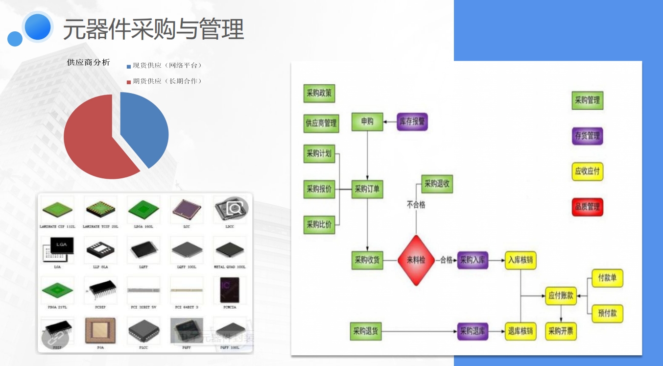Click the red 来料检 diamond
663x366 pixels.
pos(416,260)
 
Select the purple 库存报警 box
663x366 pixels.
pos(412,122)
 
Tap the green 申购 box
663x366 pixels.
pos(367,122)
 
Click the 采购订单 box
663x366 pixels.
pos(367,189)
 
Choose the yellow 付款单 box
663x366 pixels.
pos(607,278)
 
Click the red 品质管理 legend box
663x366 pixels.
pos(587,206)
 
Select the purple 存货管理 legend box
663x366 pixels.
pos(587,136)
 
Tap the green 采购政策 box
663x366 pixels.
pos(319,93)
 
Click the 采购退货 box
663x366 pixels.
pos(366,331)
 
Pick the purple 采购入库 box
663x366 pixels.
pos(473,260)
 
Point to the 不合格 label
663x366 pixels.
pos(416,205)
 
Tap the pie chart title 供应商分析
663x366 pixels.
pos(89,62)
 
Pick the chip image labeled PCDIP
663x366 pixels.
pos(100,290)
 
